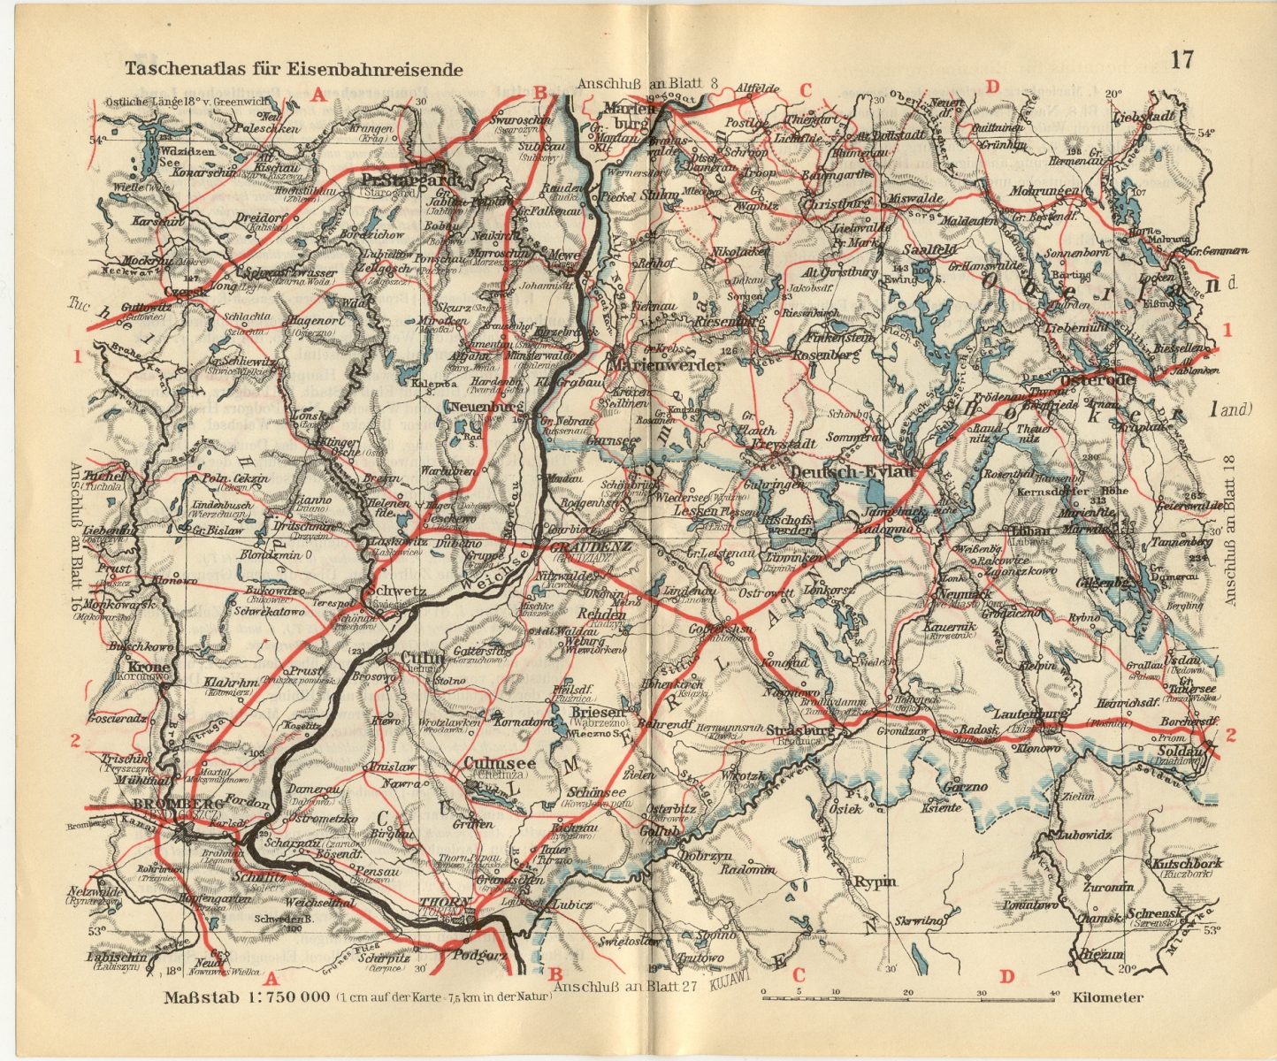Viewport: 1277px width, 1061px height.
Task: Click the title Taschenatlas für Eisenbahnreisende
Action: [x=293, y=68]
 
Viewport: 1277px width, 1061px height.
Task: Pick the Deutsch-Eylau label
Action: [x=851, y=473]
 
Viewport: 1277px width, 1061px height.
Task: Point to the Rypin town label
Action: [x=874, y=882]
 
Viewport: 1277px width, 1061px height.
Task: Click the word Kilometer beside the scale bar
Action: [x=1108, y=997]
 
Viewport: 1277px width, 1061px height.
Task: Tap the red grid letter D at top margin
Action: [x=992, y=87]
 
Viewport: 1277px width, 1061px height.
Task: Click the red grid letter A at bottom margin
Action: [x=271, y=979]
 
